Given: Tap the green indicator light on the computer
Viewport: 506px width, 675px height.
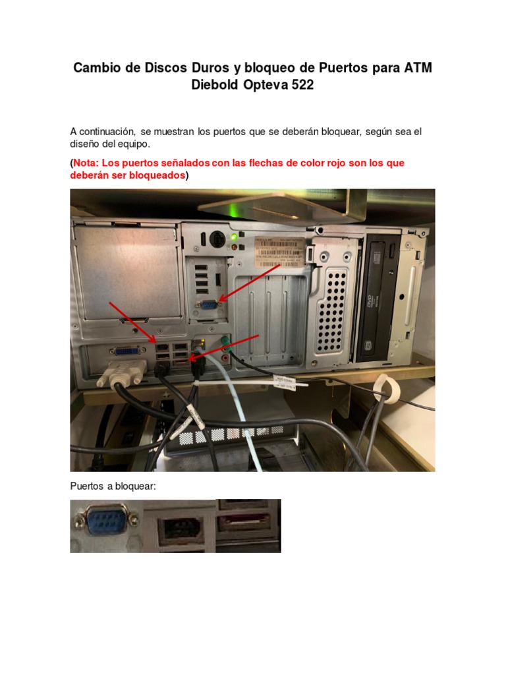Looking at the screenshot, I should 233,237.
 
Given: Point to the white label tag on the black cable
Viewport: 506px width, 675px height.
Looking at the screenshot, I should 286,383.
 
